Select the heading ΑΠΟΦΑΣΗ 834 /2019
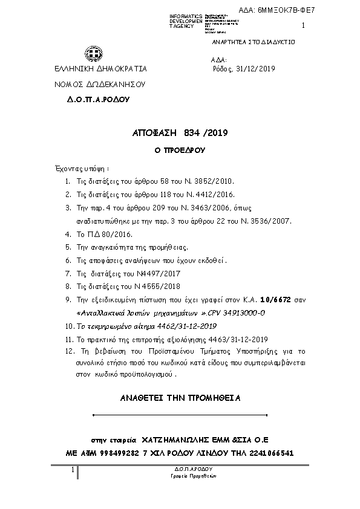point(180,132)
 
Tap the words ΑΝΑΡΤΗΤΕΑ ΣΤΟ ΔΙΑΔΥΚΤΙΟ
point(254,44)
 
